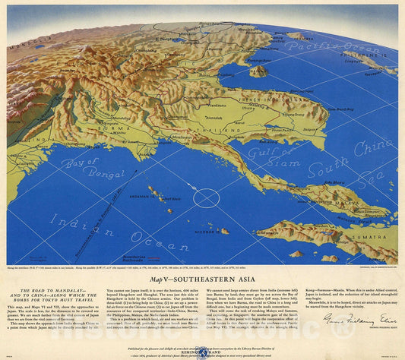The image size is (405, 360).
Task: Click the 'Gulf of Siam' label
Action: pos(305,153)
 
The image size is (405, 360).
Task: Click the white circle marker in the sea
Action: pos(205,199)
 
